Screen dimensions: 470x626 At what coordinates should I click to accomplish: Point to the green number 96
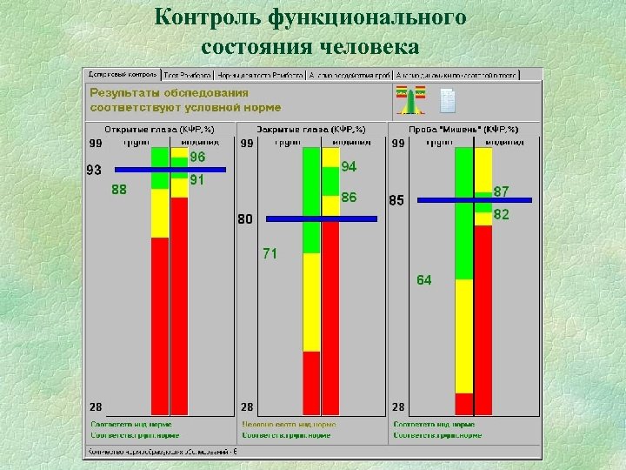point(197,158)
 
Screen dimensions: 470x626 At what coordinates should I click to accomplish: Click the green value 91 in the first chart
point(197,180)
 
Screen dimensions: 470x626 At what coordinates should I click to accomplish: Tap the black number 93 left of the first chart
point(93,170)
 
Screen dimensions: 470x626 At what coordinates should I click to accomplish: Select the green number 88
point(119,190)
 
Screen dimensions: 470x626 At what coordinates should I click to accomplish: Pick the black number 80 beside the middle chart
point(246,219)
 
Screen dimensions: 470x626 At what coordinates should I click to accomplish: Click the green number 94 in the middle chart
point(349,166)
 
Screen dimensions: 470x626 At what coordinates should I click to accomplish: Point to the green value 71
point(270,253)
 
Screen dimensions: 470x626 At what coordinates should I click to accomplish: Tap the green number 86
point(349,198)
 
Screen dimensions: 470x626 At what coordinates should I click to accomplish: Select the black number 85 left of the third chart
point(396,201)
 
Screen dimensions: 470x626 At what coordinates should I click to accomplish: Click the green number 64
point(423,279)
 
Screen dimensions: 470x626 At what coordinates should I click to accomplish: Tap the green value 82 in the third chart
point(502,214)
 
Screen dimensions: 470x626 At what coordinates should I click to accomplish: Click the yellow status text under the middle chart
point(289,425)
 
